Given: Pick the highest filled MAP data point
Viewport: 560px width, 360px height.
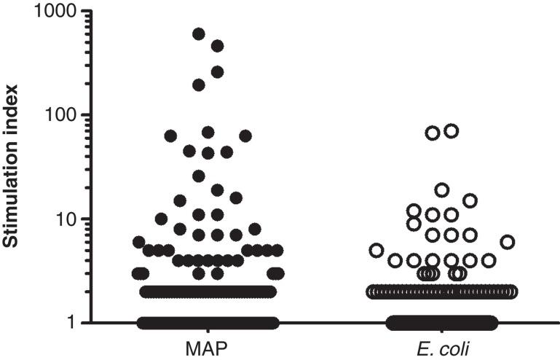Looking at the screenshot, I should coord(199,34).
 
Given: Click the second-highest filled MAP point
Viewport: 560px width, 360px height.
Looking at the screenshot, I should coord(217,46).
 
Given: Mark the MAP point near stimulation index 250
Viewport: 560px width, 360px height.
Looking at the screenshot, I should coord(217,71).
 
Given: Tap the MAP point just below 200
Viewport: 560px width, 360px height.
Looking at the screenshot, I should coord(199,85).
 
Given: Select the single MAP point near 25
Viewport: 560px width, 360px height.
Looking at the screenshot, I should coord(199,176).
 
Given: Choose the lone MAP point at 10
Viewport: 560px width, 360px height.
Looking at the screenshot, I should coord(162,219).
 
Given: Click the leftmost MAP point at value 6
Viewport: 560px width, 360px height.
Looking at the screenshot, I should coord(138,242).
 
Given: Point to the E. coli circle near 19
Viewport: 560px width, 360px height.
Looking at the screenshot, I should coord(442,189).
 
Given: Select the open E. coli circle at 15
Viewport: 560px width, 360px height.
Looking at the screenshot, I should coord(470,200).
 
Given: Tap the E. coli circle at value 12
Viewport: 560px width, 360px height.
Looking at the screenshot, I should coord(414,211).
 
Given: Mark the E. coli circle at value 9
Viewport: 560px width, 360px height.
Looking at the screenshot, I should coord(414,224).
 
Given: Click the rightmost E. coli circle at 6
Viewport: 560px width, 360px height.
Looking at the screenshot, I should coord(508,242).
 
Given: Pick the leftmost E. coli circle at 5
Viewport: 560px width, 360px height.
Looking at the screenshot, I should coord(376,250).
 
